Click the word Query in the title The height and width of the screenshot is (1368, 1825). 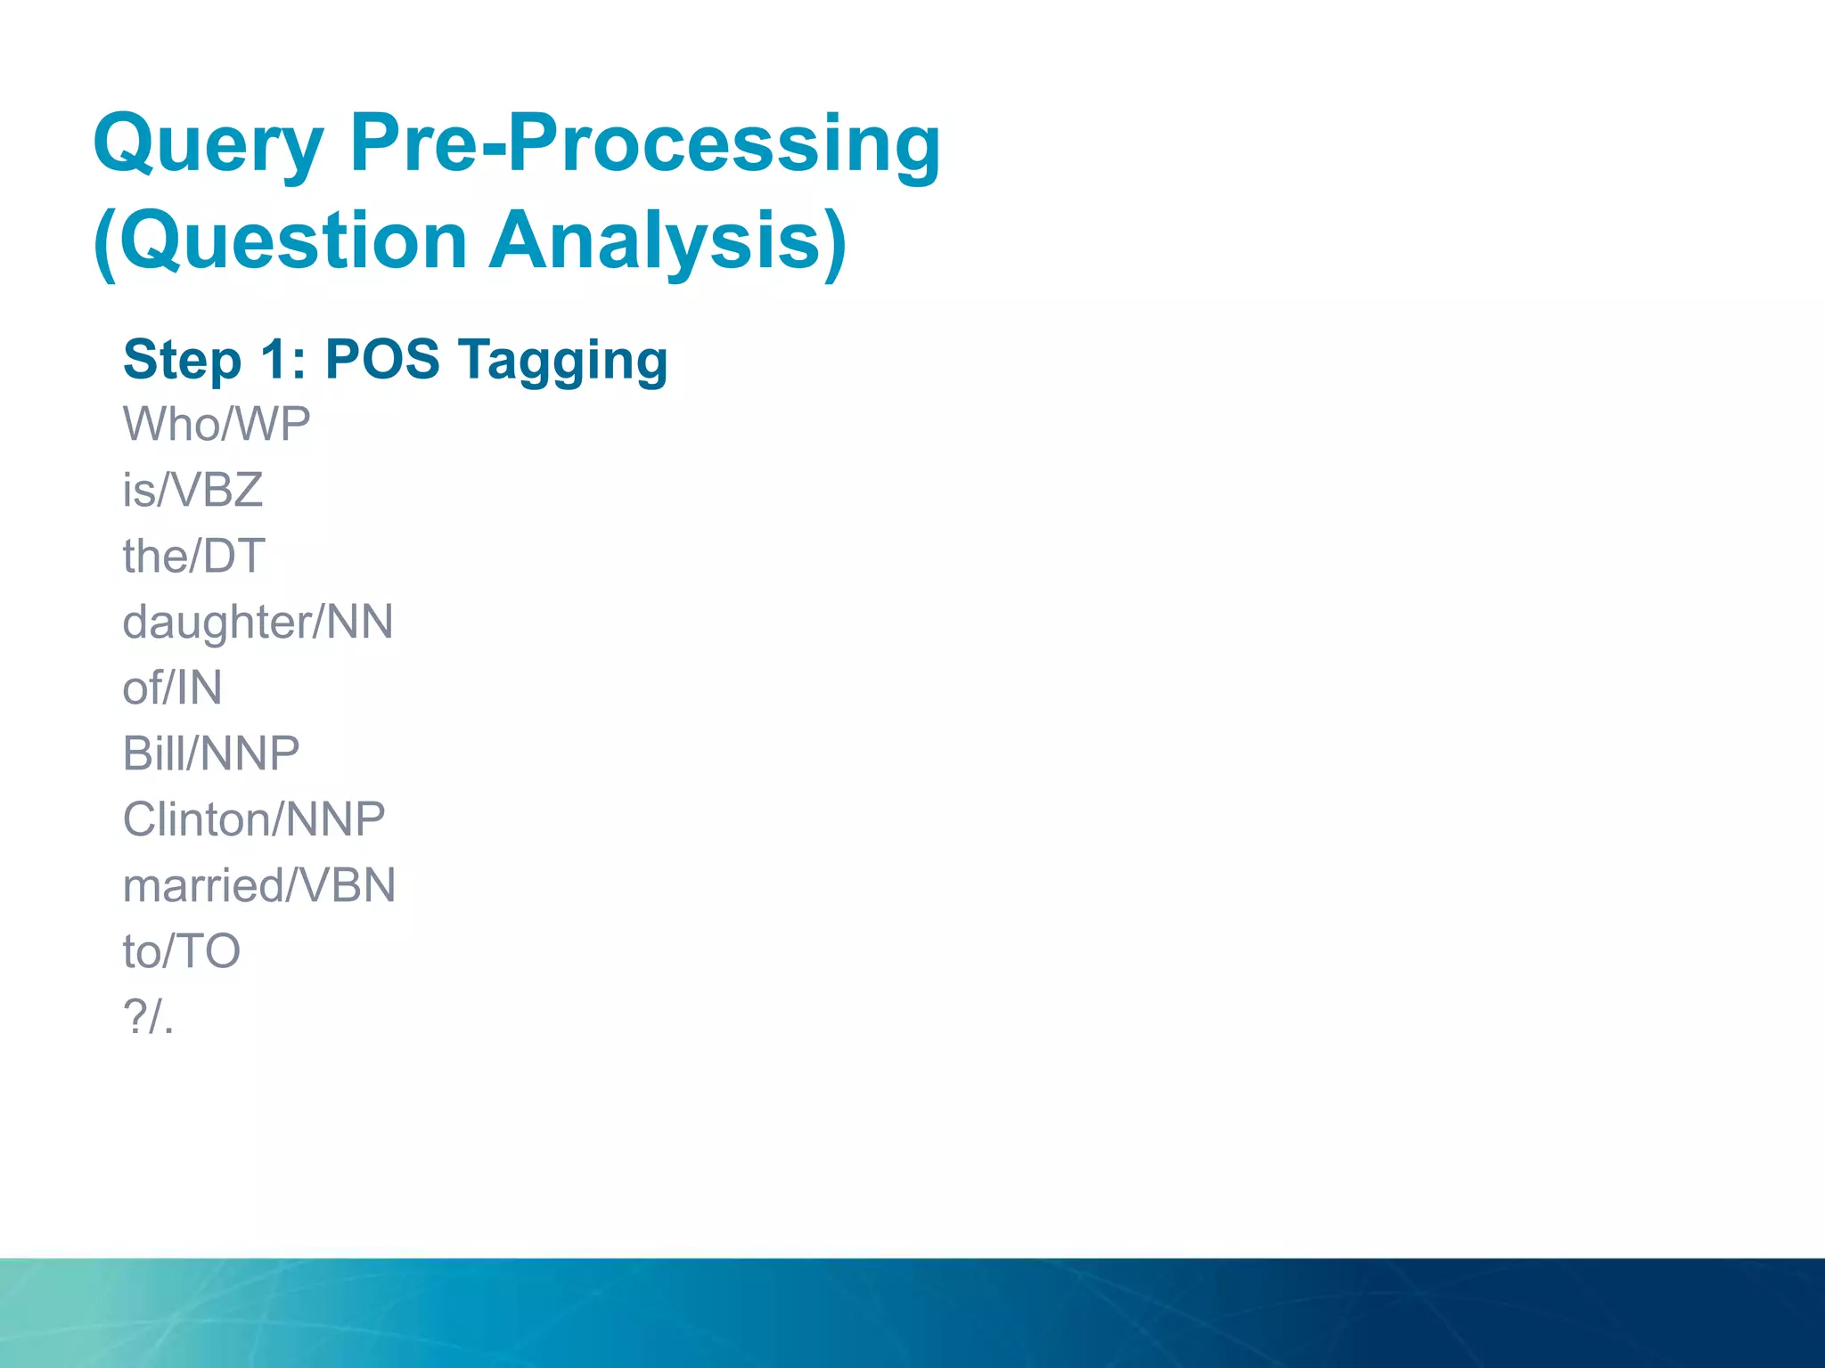(209, 145)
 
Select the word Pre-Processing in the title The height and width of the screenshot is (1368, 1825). (645, 145)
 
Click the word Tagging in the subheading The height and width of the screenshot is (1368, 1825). (563, 360)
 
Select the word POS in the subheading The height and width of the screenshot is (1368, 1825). (382, 360)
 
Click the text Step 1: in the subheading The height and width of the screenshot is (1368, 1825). (215, 360)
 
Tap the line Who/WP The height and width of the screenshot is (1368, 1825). (217, 424)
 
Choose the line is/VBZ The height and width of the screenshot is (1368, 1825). (192, 490)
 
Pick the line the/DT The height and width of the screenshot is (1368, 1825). (193, 556)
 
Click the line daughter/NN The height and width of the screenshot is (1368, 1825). (258, 622)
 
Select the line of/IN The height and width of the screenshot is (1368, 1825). (172, 688)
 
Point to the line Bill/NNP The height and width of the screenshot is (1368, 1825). (211, 753)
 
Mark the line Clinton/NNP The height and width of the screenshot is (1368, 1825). (254, 819)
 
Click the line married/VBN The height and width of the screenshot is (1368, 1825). (259, 885)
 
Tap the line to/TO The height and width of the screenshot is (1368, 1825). (182, 951)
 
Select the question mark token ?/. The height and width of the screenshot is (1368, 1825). (148, 1016)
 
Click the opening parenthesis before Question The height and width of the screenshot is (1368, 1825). (105, 243)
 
